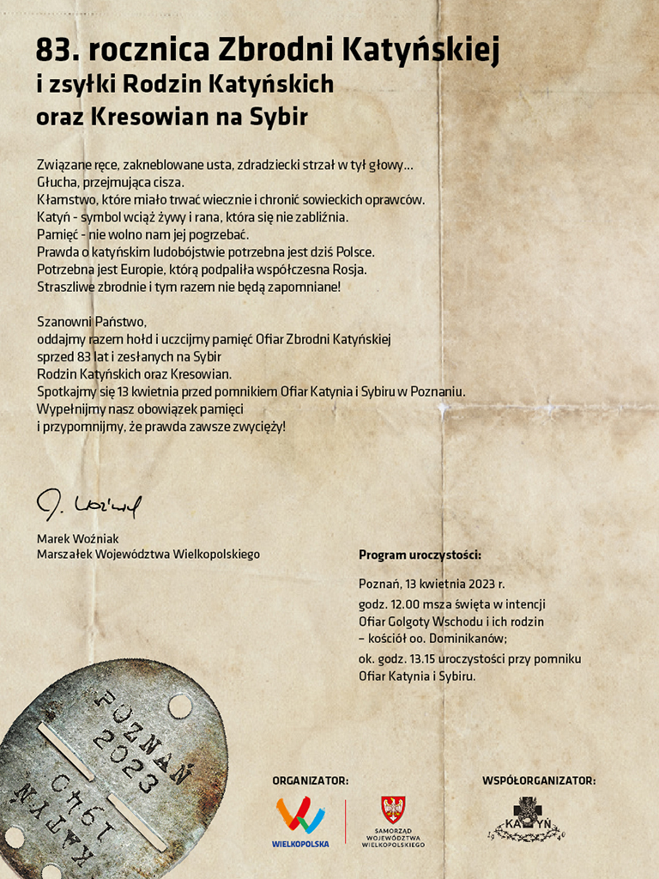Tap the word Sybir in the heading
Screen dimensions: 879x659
pyautogui.click(x=277, y=116)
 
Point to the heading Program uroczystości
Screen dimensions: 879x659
pyautogui.click(x=420, y=555)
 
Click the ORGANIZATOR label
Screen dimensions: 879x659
pyautogui.click(x=310, y=780)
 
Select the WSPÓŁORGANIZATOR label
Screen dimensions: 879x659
pyautogui.click(x=538, y=780)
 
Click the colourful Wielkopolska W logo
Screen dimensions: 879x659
pyautogui.click(x=299, y=814)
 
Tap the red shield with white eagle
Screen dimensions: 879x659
pyautogui.click(x=393, y=809)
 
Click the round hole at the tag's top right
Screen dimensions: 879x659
pyautogui.click(x=180, y=706)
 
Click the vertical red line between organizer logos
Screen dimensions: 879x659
pyautogui.click(x=345, y=821)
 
